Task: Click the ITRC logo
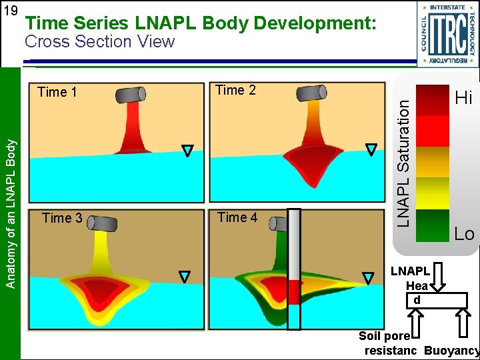click(447, 33)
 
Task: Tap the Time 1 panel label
click(57, 92)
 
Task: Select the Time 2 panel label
click(236, 90)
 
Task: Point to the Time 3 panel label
click(62, 217)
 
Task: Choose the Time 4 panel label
click(237, 217)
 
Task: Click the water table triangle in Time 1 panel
click(188, 151)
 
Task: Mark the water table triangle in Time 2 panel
click(371, 150)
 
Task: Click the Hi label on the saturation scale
click(463, 99)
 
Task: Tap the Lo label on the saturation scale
click(464, 234)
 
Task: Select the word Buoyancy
click(451, 351)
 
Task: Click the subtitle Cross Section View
click(99, 42)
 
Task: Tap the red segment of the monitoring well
click(294, 292)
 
